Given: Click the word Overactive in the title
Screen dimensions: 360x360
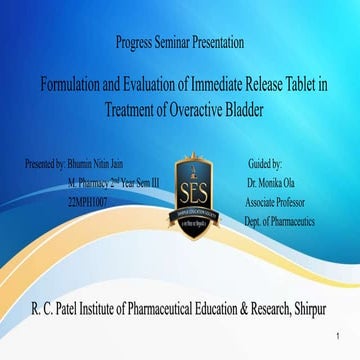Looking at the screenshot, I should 198,109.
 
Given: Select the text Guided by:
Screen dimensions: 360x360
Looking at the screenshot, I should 264,162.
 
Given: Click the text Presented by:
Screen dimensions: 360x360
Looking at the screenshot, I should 44,162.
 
